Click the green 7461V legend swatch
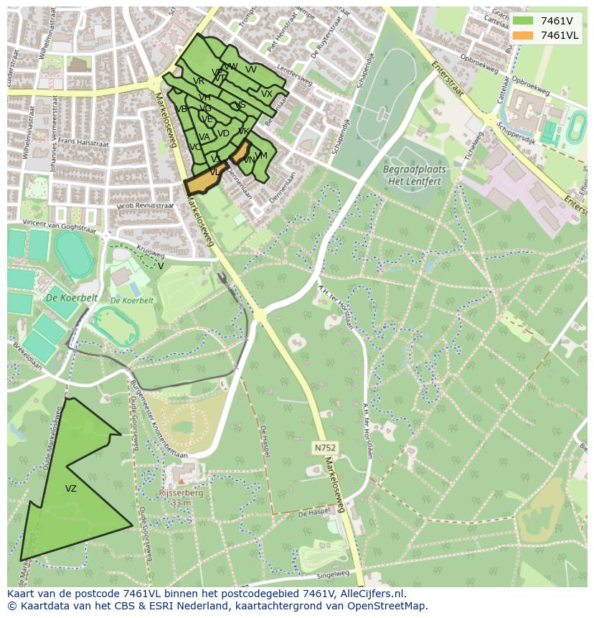523,21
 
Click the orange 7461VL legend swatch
523,35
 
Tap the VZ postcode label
70,489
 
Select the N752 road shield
325,448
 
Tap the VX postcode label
267,94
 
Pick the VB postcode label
181,109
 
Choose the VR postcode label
199,81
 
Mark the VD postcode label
223,134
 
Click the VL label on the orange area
214,172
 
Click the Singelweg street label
331,574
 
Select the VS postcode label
240,105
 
